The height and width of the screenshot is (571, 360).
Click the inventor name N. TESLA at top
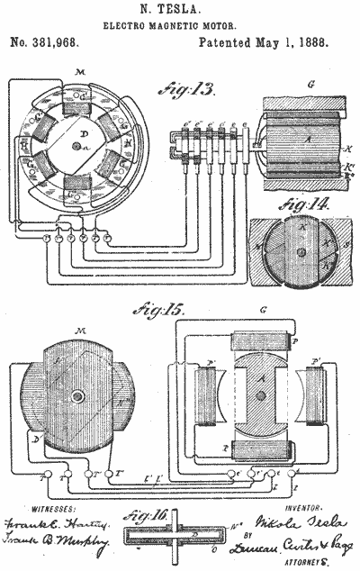(180, 11)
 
